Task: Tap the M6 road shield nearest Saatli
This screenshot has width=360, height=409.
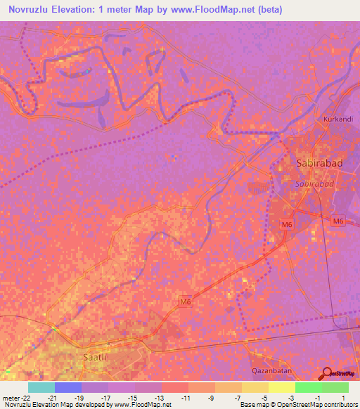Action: (185, 302)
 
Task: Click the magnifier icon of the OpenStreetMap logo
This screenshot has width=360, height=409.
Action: (325, 374)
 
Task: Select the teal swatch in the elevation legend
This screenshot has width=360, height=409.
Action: (41, 387)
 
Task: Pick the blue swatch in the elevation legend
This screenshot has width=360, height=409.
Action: (67, 387)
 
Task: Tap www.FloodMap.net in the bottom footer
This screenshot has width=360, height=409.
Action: (141, 405)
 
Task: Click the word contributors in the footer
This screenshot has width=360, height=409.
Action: (339, 405)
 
